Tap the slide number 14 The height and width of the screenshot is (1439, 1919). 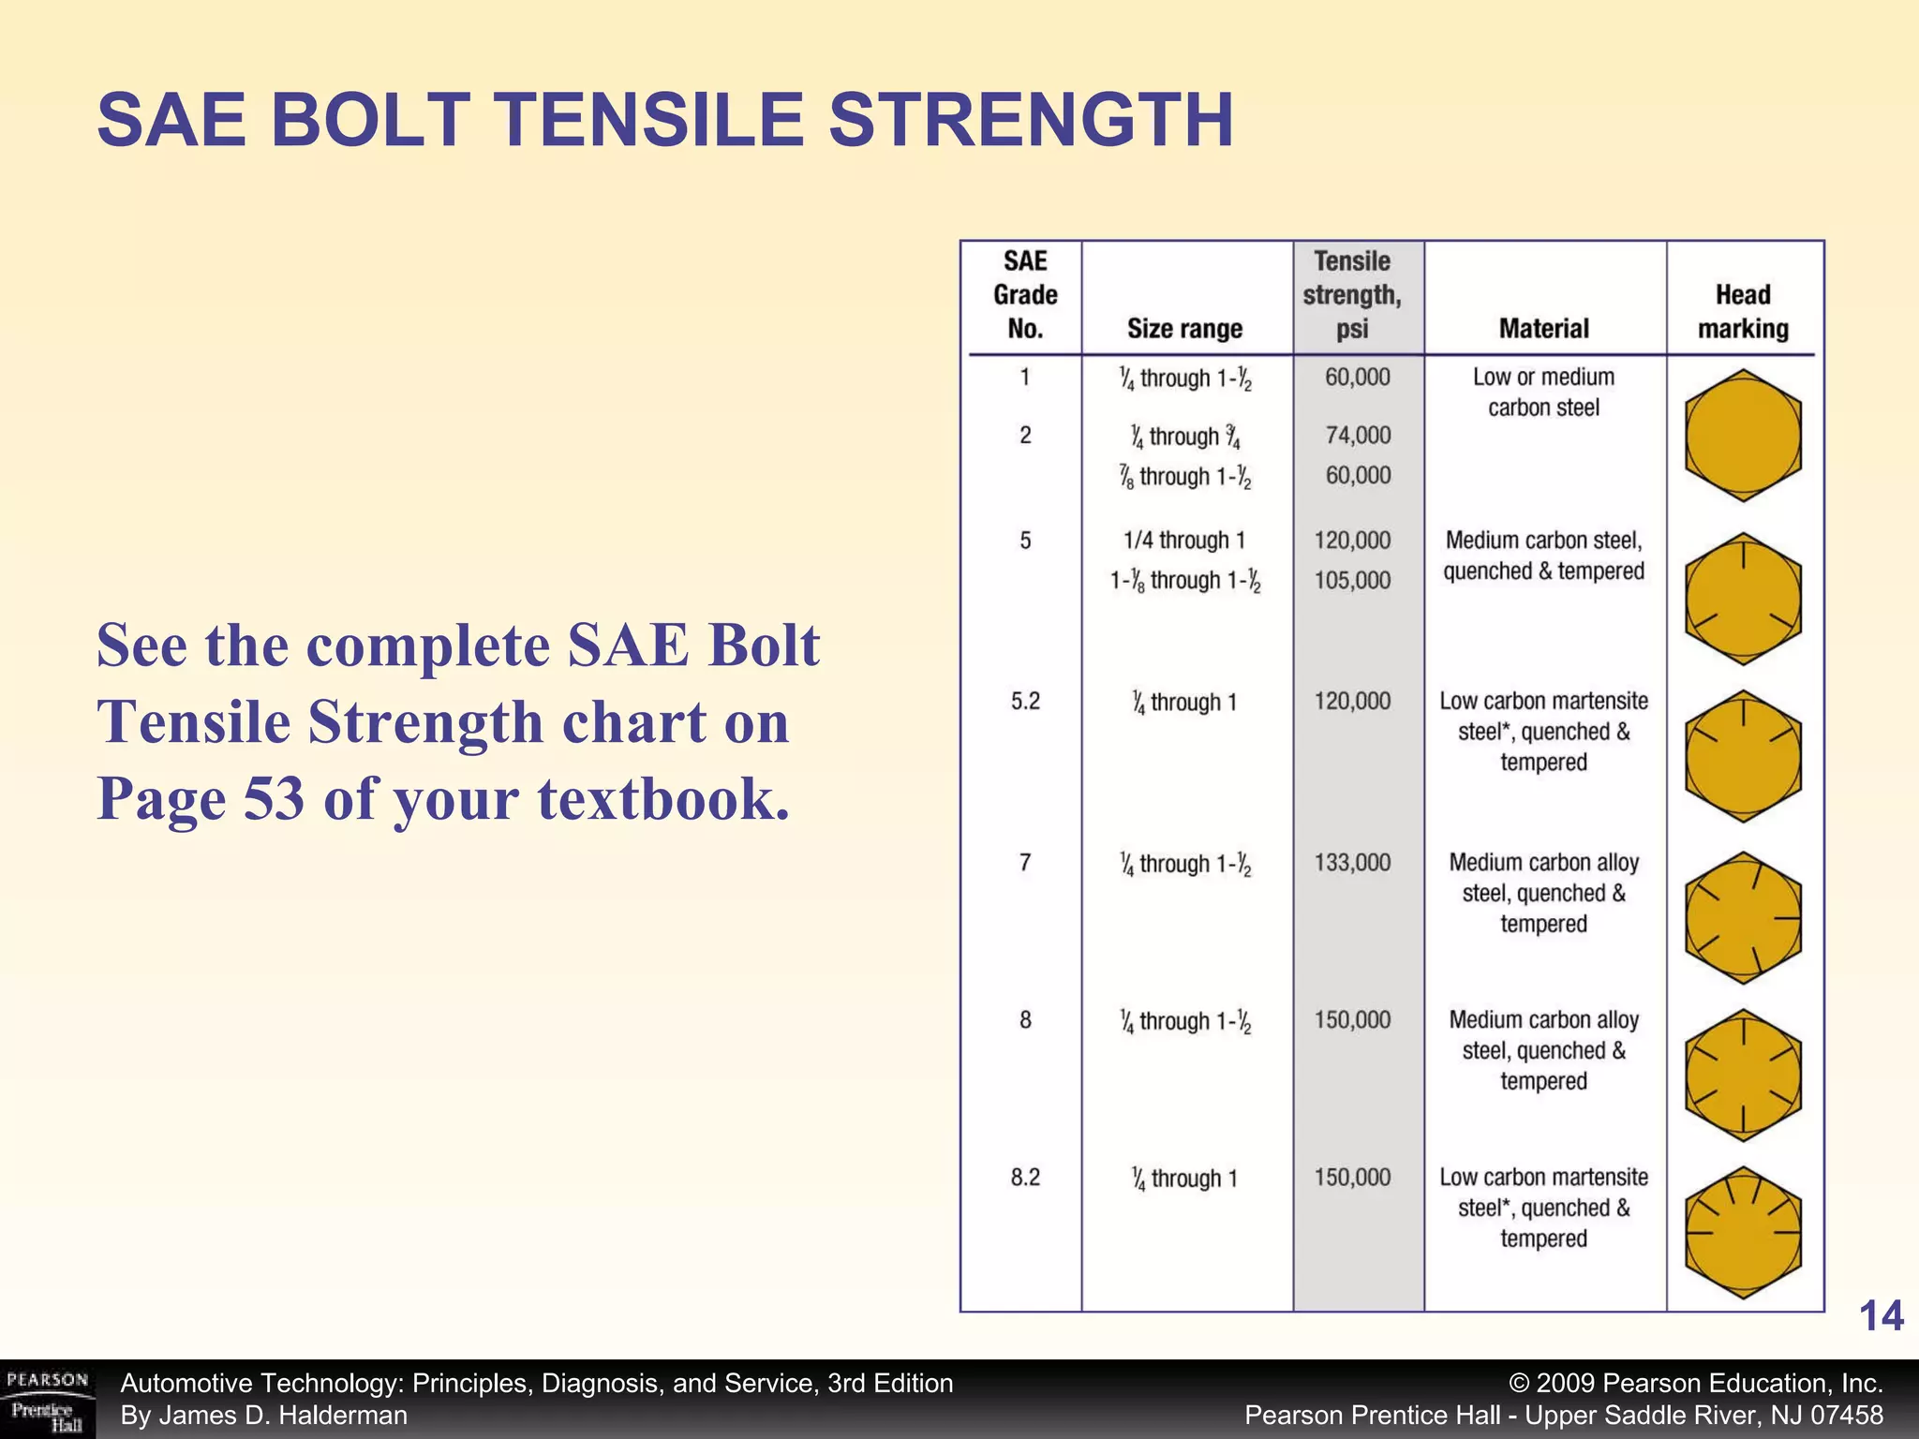coord(1881,1316)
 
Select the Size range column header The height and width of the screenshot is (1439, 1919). coord(1184,329)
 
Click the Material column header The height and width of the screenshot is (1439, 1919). coord(1543,329)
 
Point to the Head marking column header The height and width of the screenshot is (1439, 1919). coord(1743,312)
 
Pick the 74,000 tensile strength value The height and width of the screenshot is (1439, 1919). coord(1358,436)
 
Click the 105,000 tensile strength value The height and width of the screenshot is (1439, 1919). coord(1352,581)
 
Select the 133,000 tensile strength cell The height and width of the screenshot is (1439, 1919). coord(1352,863)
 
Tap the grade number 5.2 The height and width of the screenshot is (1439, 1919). coord(1025,702)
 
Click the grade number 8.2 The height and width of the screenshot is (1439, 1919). coord(1025,1178)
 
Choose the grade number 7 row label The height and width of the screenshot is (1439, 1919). coord(1025,863)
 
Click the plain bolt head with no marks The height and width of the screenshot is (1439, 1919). coord(1743,436)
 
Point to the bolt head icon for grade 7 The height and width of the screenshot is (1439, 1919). coord(1743,918)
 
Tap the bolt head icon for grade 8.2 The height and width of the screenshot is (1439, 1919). coord(1743,1233)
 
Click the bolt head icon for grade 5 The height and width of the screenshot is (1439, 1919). coord(1743,600)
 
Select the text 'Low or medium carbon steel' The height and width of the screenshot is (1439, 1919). coord(1543,393)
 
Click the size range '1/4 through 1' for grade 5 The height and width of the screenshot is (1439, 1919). coord(1184,541)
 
